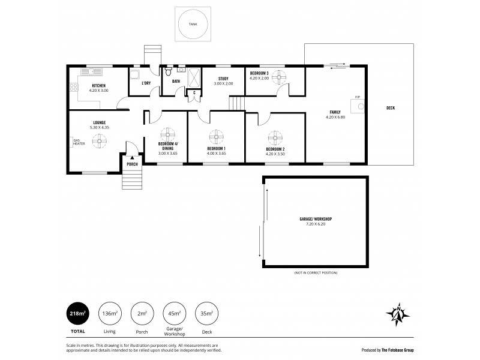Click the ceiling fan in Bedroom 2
tap(275, 137)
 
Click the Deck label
tap(391, 108)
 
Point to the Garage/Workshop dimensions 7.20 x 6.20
tap(316, 224)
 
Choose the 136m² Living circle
tap(110, 313)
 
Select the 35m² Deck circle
tap(206, 313)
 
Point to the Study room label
tap(223, 78)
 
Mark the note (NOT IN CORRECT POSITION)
tap(316, 273)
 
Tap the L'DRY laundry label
tap(146, 83)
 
